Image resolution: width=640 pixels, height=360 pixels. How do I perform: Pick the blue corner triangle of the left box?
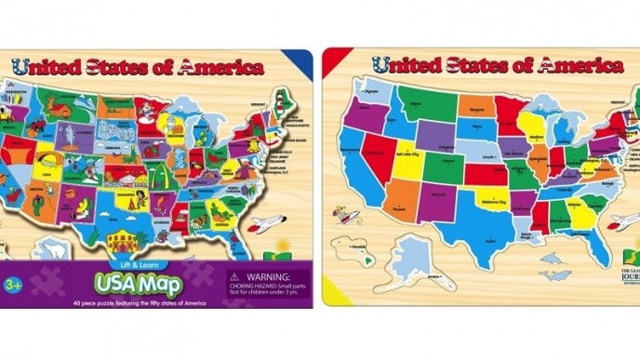coord(300,61)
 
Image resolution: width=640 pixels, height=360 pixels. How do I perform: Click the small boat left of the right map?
coord(346,220)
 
